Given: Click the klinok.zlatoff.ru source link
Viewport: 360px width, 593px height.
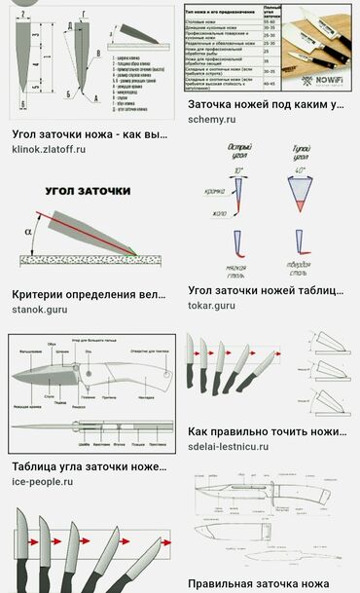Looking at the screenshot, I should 49,149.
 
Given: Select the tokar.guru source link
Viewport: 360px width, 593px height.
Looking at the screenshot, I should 211,306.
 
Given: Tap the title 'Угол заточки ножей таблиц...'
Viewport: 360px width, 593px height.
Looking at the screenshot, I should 266,290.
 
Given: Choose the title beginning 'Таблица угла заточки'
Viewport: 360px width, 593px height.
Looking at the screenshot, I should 89,466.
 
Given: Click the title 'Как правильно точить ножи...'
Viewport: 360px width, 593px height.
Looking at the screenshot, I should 266,430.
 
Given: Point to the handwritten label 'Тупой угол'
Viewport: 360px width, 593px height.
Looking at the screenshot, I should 304,157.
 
